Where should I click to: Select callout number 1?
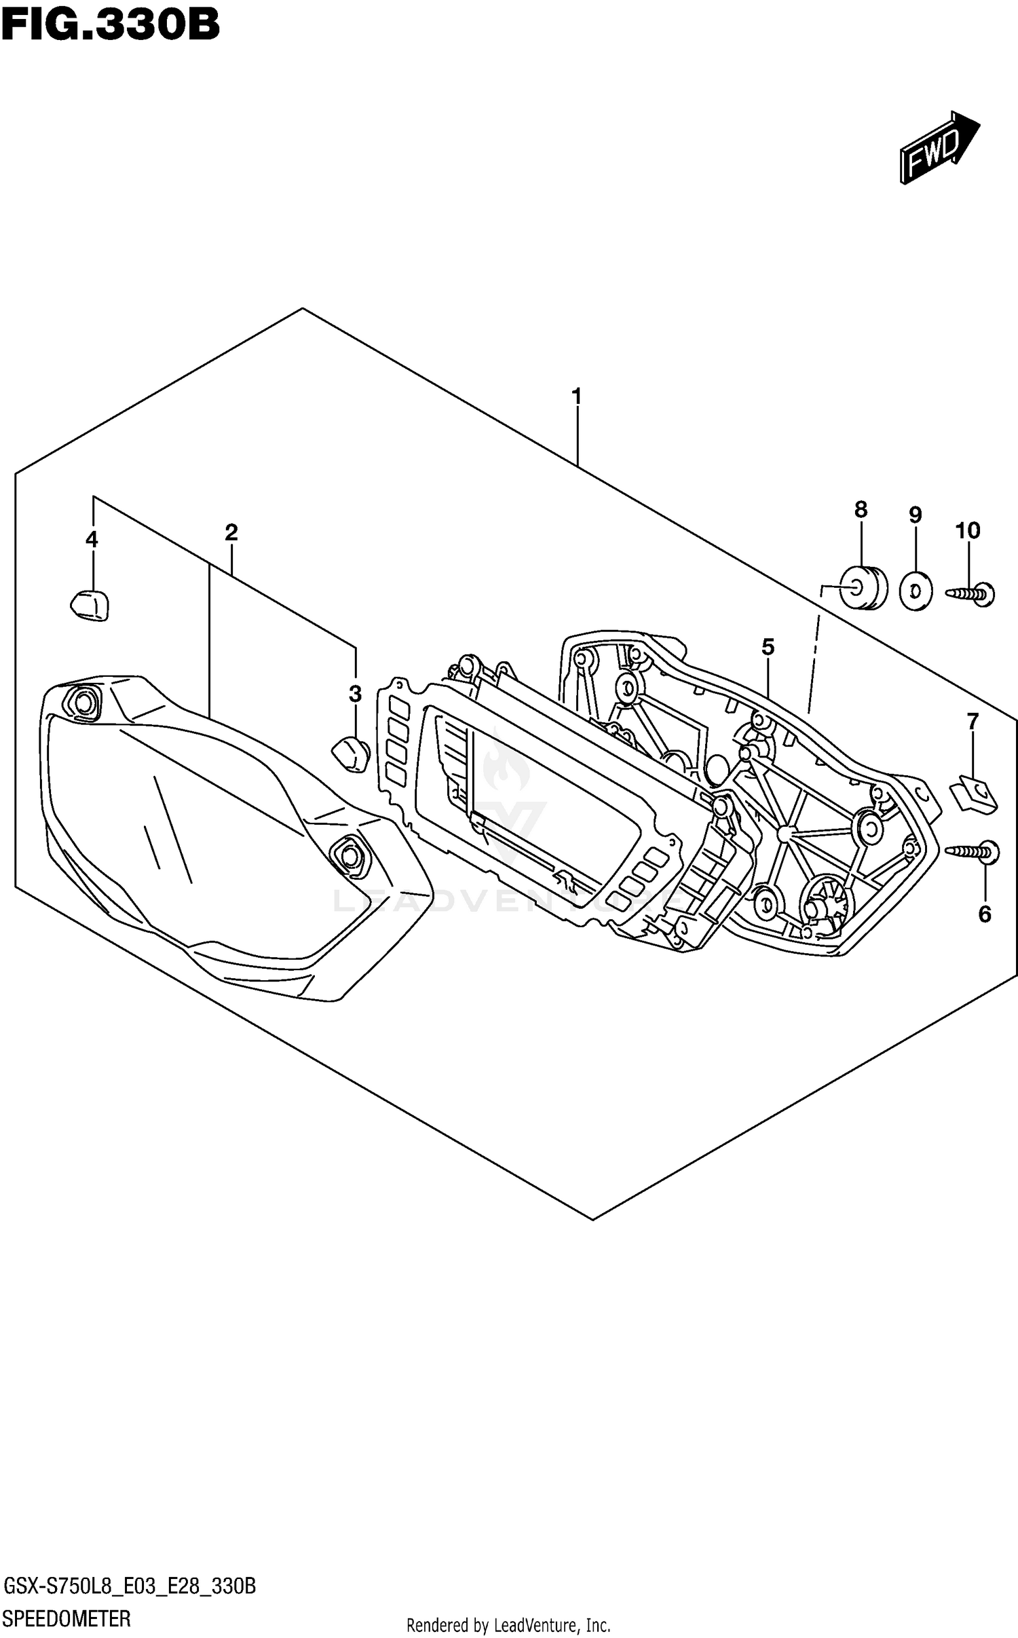[x=576, y=396]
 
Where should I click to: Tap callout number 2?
[x=231, y=532]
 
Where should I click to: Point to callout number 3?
[x=355, y=694]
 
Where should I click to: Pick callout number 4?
[x=92, y=540]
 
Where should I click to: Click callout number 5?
[x=768, y=647]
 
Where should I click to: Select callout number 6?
[x=984, y=914]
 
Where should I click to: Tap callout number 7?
[x=973, y=722]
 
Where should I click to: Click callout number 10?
[x=968, y=530]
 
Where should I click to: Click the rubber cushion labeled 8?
[x=863, y=588]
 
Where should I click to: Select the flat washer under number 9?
[x=915, y=592]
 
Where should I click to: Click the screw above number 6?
[x=973, y=851]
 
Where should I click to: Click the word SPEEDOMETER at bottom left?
[x=67, y=1618]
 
